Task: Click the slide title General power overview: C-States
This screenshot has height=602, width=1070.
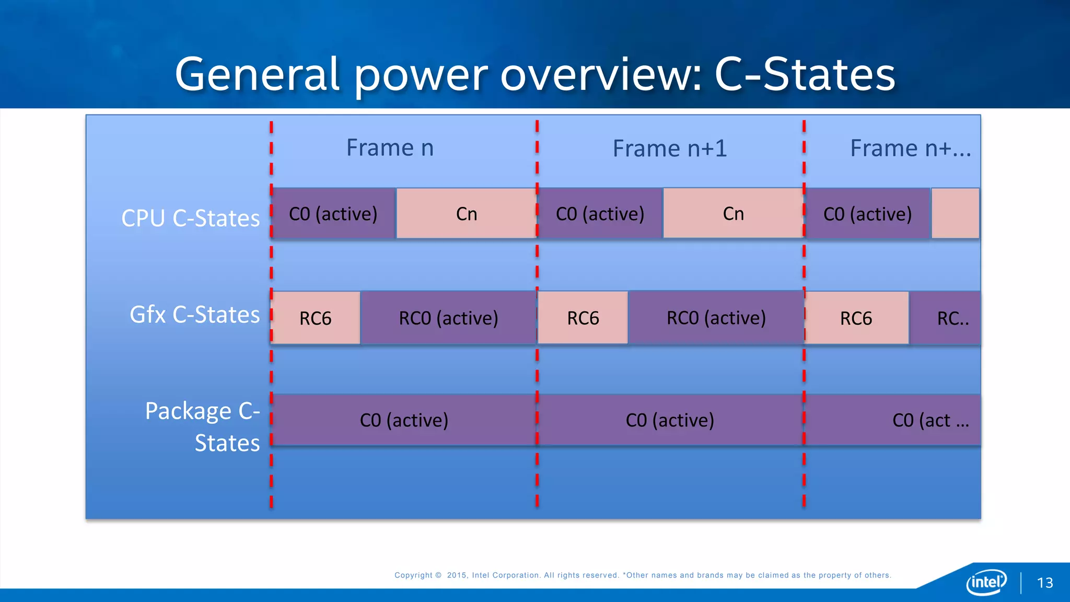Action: pos(535,74)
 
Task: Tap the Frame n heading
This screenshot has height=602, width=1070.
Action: pos(390,148)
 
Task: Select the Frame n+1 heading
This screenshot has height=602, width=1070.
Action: pos(669,148)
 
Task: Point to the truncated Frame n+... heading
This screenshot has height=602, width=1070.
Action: pos(910,148)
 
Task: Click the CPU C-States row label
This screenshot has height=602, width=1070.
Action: pos(190,218)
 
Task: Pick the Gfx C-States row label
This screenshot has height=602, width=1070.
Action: pos(194,315)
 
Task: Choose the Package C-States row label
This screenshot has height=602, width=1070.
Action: pos(203,426)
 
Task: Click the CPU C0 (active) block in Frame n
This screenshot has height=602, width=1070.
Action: pos(333,214)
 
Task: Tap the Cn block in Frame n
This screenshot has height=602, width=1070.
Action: pos(466,214)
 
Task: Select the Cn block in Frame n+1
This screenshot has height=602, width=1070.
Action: pos(733,214)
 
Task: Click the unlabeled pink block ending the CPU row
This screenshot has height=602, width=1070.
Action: pos(955,214)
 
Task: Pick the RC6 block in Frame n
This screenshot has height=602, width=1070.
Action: pos(316,318)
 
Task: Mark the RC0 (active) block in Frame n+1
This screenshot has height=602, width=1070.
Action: pos(716,318)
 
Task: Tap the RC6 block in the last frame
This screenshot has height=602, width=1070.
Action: pos(856,318)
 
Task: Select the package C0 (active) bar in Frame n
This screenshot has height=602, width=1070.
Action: pos(404,420)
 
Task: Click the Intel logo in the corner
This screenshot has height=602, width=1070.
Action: pos(986,582)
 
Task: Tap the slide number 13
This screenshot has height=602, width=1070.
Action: pos(1045,583)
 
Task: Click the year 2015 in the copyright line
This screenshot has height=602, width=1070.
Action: pos(457,575)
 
